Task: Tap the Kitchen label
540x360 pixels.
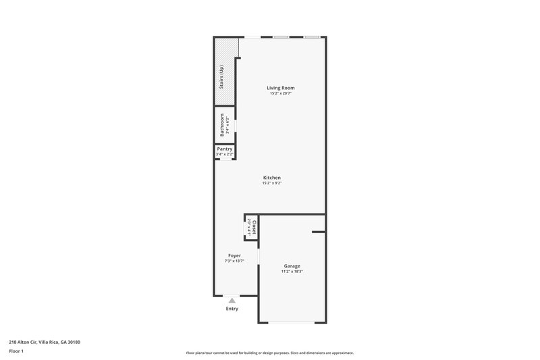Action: tap(272, 178)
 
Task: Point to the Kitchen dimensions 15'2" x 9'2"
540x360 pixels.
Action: tap(272, 183)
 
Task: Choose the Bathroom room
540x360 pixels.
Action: tap(225, 125)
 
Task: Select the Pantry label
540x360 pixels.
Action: tap(225, 149)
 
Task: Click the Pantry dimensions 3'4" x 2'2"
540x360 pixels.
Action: tap(225, 155)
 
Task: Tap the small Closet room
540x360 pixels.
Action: tap(251, 228)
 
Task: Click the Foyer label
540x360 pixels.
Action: tap(234, 255)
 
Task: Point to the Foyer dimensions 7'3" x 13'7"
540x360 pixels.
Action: tap(234, 261)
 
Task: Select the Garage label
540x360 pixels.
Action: tap(292, 266)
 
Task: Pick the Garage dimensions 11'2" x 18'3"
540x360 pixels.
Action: tap(292, 272)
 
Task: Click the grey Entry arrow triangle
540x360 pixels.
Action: tap(232, 301)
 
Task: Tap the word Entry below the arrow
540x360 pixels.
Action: tap(232, 309)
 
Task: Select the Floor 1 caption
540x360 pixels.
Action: tap(16, 351)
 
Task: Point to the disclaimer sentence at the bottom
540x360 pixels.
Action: tap(270, 353)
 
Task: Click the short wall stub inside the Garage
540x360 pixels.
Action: tap(318, 232)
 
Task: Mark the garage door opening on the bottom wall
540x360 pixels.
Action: tap(292, 322)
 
